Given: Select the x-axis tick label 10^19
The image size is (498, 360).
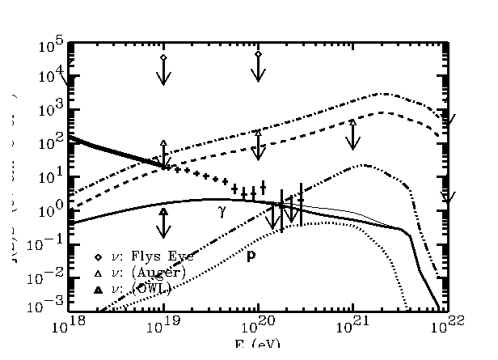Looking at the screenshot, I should point(164,326).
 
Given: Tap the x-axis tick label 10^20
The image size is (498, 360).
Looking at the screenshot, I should point(259,326).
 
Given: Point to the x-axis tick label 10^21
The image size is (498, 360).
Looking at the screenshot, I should point(352,326).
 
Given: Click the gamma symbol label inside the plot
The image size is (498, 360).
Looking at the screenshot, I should point(222,212).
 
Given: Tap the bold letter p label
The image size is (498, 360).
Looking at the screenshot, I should point(251,256).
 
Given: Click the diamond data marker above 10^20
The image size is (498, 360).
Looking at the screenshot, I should point(258,54).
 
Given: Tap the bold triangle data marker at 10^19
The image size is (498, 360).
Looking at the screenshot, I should point(163,211).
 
